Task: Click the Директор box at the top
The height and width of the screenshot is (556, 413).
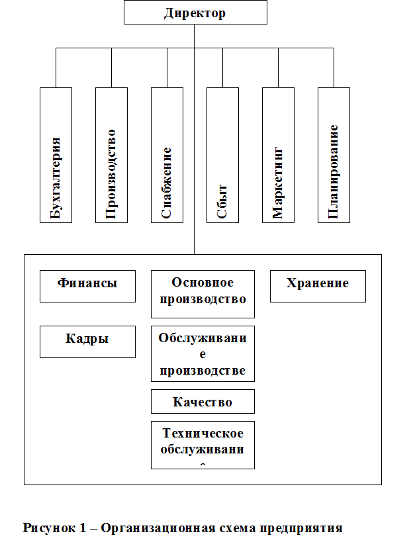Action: coord(195,13)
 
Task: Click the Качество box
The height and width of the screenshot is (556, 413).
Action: coord(203,401)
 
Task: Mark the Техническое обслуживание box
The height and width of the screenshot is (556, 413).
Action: coord(203,445)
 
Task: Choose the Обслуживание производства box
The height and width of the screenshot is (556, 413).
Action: coord(203,353)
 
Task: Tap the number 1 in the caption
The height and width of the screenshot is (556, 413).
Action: coord(83,528)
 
